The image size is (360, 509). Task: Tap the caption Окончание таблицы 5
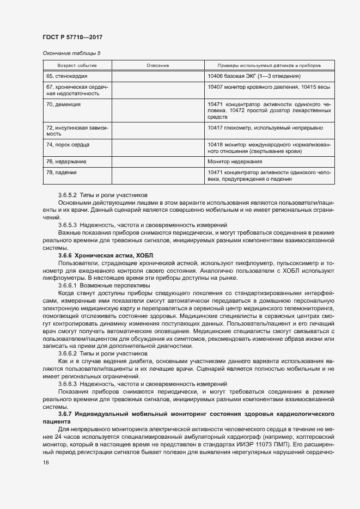click(x=71, y=53)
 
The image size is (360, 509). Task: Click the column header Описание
click(x=157, y=65)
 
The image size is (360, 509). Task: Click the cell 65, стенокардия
click(x=68, y=76)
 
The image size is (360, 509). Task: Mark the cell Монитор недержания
click(x=235, y=162)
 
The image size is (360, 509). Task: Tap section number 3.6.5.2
click(x=68, y=194)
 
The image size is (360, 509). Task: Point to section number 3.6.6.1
click(x=68, y=285)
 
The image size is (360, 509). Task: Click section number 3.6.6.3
click(x=68, y=383)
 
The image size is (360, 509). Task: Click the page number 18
click(x=46, y=462)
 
